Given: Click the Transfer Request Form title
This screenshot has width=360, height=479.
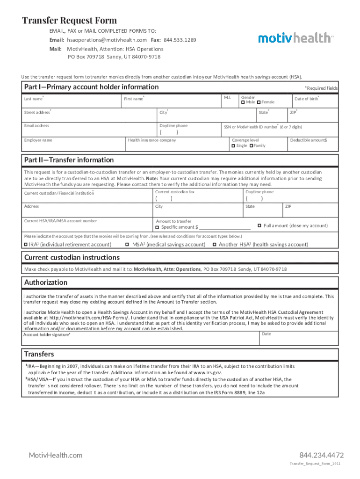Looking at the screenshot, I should (x=70, y=21).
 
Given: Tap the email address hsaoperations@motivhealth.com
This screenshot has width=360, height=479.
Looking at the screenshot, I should (x=106, y=40).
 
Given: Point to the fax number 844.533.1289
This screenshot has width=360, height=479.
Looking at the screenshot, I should (x=180, y=40).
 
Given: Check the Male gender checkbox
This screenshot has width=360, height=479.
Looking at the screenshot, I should (x=243, y=102).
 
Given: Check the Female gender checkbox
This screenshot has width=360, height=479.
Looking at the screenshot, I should (x=259, y=102).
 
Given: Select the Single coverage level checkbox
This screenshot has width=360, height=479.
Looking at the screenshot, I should (x=233, y=146).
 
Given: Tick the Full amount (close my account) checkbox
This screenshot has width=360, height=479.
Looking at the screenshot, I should (x=259, y=225).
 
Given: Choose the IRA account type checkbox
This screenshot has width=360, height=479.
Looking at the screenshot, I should (x=26, y=244).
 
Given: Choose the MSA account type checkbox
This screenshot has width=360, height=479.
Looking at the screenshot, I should (x=127, y=244).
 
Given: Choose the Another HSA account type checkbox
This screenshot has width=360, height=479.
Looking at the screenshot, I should (x=214, y=244).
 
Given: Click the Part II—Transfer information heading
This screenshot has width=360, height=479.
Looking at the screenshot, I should (x=69, y=160).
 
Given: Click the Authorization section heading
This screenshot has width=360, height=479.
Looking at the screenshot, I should (x=46, y=283).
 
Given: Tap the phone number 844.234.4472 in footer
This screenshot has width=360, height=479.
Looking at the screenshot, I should (x=322, y=455).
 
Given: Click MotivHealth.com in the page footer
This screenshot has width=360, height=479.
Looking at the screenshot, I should (x=56, y=455).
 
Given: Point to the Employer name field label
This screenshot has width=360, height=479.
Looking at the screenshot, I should (x=38, y=140).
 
